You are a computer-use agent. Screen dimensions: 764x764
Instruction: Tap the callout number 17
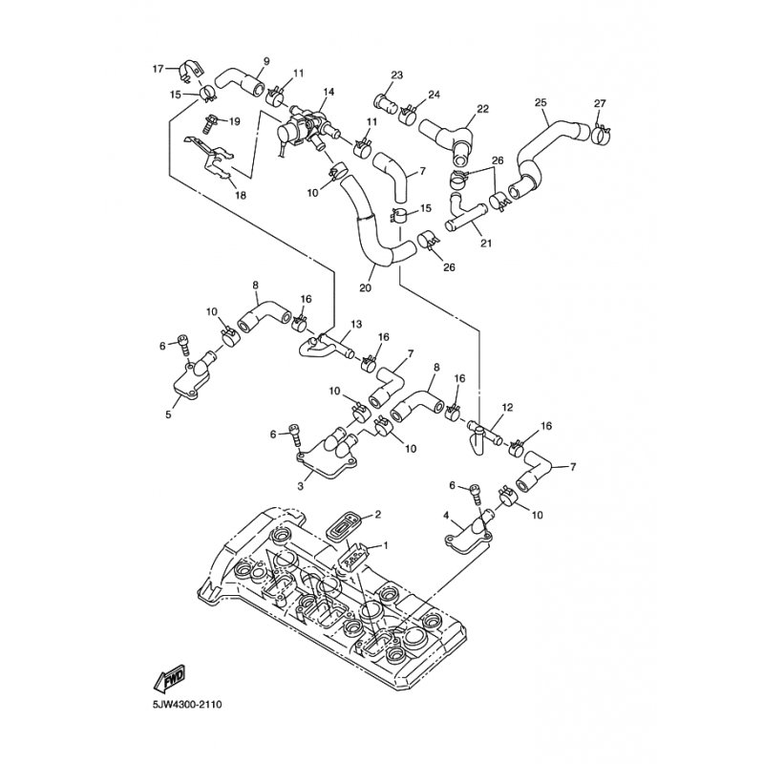tap(158, 69)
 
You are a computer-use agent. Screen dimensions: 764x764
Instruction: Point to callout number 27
tap(600, 103)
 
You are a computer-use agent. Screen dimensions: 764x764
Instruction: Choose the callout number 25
tap(541, 102)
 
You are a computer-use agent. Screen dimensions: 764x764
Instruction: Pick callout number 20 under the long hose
tap(365, 288)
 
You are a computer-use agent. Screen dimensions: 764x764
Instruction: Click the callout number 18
tap(241, 196)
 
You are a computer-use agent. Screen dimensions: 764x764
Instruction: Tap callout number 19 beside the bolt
tap(234, 121)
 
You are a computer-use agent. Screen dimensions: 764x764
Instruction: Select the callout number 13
tap(356, 324)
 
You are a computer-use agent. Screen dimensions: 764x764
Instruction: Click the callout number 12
tap(507, 408)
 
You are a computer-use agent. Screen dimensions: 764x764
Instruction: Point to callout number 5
tap(168, 415)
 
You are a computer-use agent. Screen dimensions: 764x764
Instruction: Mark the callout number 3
tap(300, 486)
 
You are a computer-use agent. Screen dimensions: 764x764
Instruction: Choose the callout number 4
tap(446, 515)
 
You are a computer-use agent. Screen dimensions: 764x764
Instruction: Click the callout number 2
tap(377, 514)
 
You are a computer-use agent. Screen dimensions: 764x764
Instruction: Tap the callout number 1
tap(386, 545)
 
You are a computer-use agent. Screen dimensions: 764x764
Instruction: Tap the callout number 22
tap(482, 109)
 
